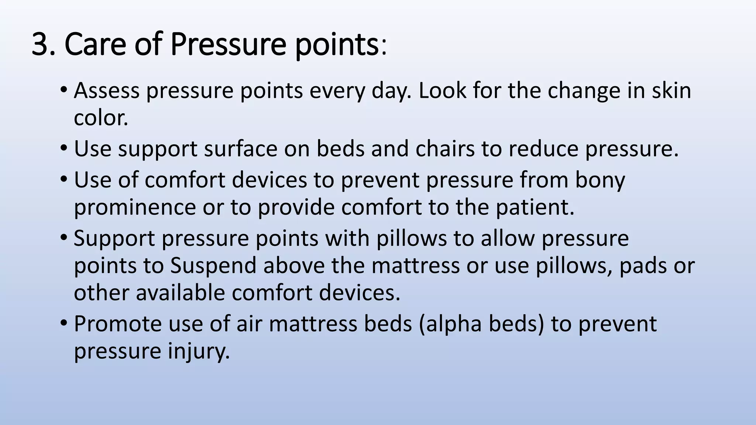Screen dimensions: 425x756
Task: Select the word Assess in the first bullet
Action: (107, 91)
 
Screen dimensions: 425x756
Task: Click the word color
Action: (101, 118)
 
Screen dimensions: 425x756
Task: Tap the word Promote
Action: (118, 324)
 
